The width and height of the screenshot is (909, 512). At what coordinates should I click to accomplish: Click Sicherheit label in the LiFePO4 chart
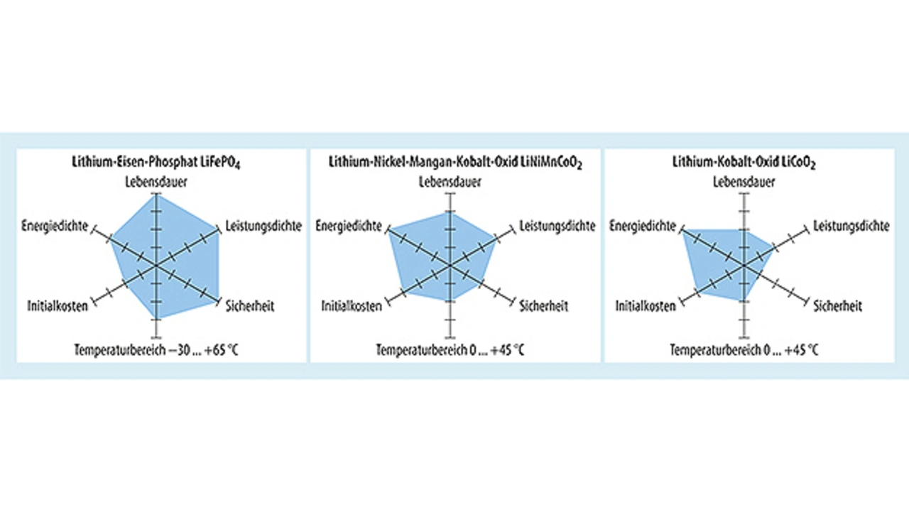click(250, 307)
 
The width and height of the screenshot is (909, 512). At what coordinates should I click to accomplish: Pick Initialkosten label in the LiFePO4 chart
click(58, 307)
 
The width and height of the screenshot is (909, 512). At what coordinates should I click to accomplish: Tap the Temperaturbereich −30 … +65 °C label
click(155, 349)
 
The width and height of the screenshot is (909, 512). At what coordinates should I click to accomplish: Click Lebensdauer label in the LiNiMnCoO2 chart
click(449, 183)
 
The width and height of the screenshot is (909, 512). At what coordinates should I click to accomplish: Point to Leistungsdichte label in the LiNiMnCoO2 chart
click(557, 227)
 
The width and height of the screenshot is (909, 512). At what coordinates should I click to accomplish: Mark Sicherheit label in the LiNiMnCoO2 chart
click(544, 307)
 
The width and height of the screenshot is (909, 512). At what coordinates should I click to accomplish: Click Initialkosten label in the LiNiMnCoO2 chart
click(352, 307)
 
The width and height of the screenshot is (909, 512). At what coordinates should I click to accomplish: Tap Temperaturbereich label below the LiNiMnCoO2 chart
click(451, 349)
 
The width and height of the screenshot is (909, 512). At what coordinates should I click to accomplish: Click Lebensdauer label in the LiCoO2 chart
click(744, 183)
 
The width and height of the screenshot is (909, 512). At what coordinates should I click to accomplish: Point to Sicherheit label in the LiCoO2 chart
click(838, 307)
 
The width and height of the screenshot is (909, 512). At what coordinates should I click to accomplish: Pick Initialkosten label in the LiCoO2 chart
click(646, 307)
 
